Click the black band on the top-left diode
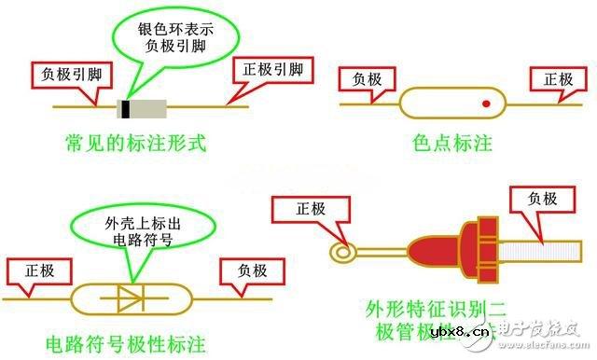tap(125, 107)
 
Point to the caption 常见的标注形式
tap(134, 144)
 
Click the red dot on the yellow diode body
tap(486, 104)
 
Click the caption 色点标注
tap(451, 144)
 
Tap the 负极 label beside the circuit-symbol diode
tap(245, 272)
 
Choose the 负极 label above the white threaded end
tap(542, 199)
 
